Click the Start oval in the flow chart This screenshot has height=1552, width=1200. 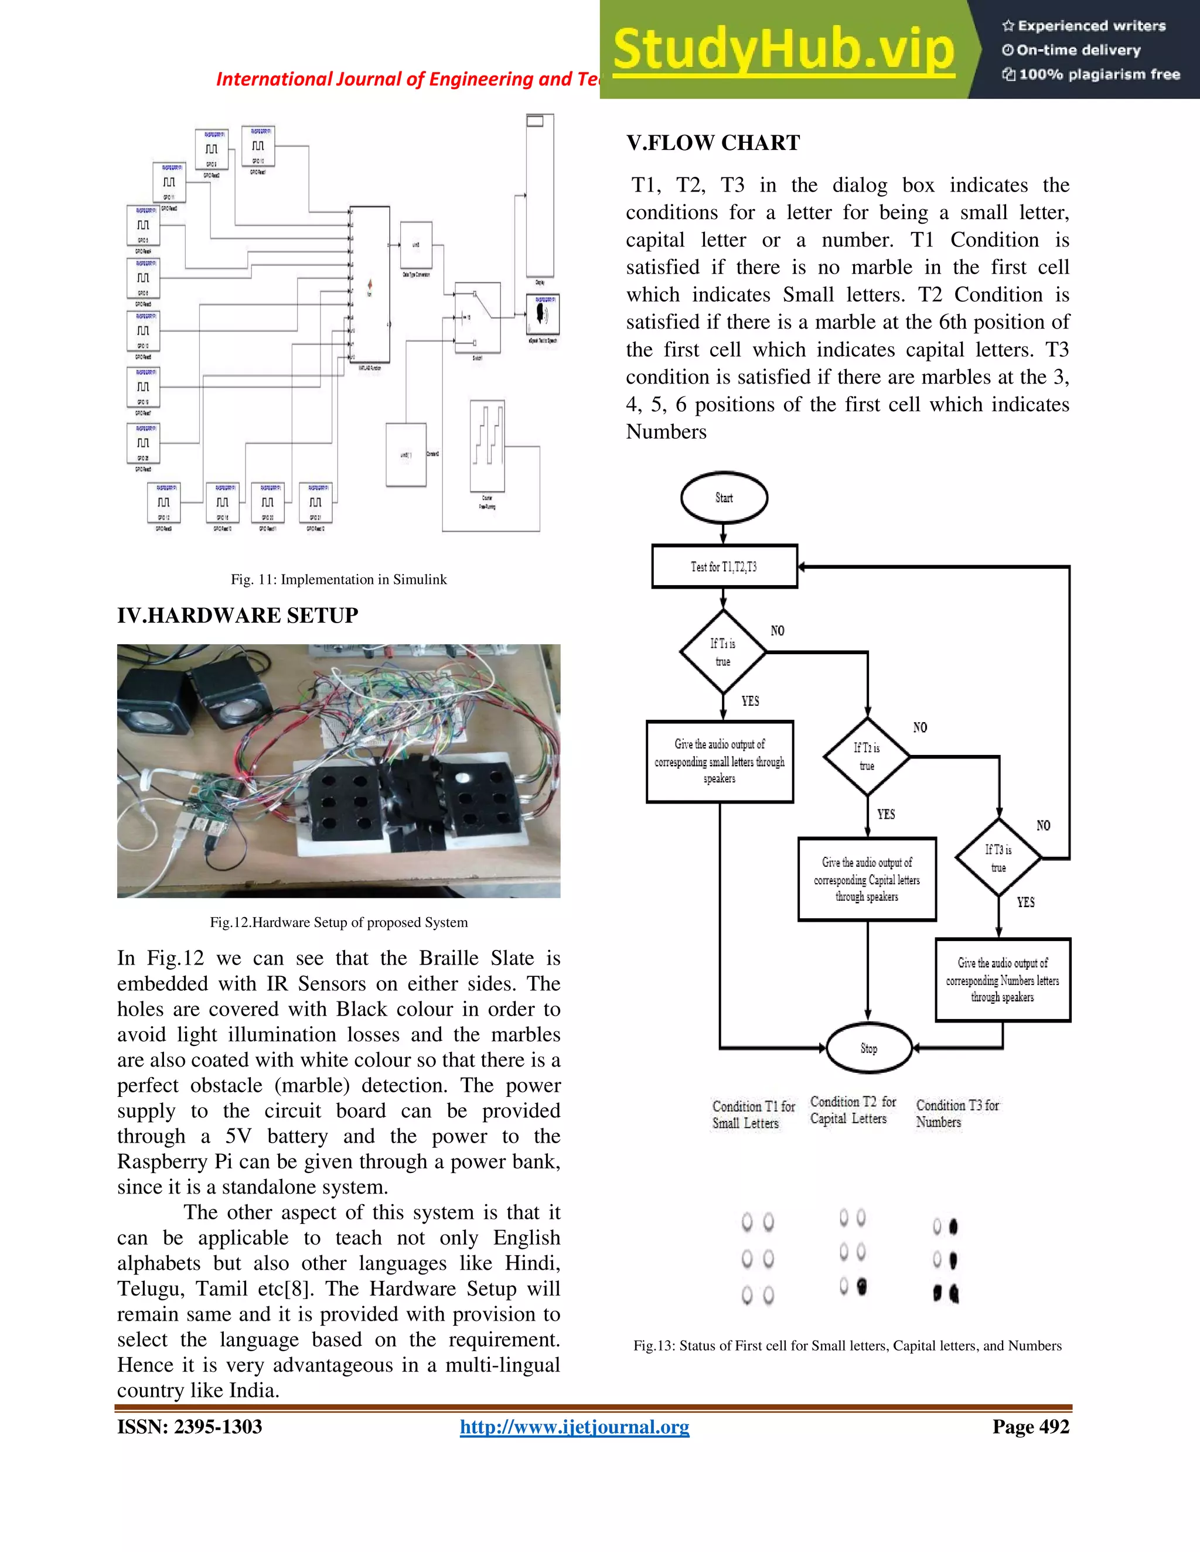(724, 497)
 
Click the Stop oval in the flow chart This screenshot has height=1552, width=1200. (869, 1048)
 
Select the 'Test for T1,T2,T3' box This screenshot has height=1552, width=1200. (724, 566)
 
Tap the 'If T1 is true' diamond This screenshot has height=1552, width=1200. (723, 652)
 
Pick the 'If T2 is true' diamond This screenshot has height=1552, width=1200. (867, 757)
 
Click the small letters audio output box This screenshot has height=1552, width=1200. (720, 761)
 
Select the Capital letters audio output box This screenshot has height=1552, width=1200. (867, 879)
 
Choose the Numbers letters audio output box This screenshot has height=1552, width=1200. (1003, 980)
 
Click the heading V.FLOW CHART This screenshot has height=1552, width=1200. (713, 143)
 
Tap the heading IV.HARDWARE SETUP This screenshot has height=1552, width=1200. (237, 616)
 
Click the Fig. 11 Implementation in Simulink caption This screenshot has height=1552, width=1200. (339, 579)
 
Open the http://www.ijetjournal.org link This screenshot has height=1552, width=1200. (574, 1427)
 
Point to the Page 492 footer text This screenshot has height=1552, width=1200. (1030, 1427)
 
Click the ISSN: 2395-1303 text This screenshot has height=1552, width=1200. (190, 1427)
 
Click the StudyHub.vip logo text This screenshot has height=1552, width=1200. (783, 50)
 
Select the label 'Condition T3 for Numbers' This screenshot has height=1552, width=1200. (956, 1113)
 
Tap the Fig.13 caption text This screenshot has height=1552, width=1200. (847, 1345)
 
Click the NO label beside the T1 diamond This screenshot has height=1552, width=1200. (777, 631)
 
